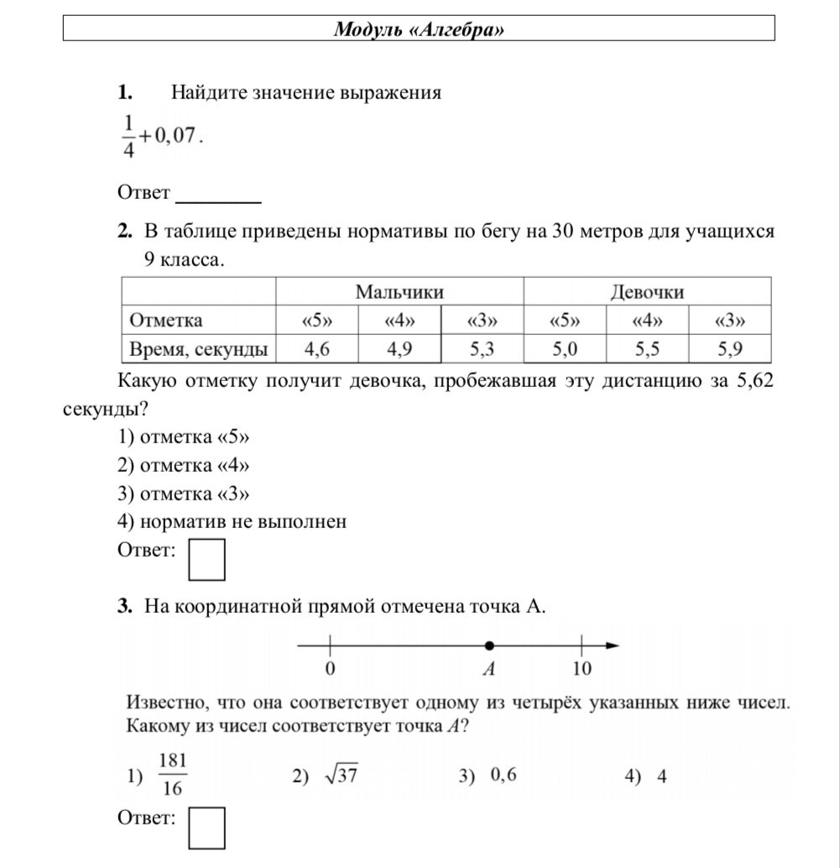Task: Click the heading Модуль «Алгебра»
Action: (420, 30)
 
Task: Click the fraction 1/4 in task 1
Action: (128, 135)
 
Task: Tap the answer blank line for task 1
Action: (218, 200)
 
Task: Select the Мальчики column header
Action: (399, 292)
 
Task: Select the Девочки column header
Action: (646, 292)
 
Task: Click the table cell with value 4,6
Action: (316, 348)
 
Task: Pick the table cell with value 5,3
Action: (482, 348)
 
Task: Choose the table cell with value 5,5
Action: (646, 348)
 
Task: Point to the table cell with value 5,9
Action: (729, 348)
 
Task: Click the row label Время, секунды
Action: (198, 348)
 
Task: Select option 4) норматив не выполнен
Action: (232, 522)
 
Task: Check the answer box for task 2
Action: (206, 560)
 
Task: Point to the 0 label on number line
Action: (330, 669)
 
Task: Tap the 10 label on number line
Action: (582, 669)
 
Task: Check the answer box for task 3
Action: (206, 827)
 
